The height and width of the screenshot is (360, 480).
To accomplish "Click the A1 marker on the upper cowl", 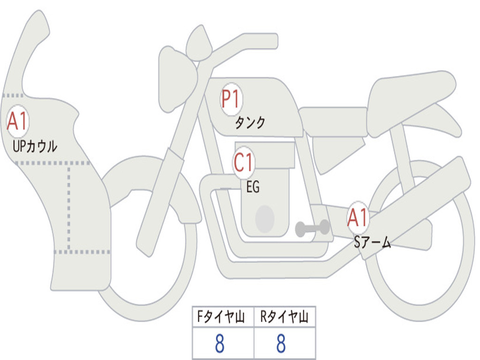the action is coord(18,122).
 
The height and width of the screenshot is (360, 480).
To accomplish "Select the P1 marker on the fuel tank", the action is coord(231,99).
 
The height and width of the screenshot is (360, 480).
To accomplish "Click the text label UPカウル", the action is coord(35,147).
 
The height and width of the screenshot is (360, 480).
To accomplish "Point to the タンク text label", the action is coord(250,123).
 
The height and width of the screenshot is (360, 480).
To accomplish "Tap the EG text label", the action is coord(253,187).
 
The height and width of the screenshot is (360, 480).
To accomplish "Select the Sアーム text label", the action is coord(373,242).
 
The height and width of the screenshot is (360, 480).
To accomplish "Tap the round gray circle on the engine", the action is coord(264,218).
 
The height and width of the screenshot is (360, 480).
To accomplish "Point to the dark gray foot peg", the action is coord(312,228).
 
